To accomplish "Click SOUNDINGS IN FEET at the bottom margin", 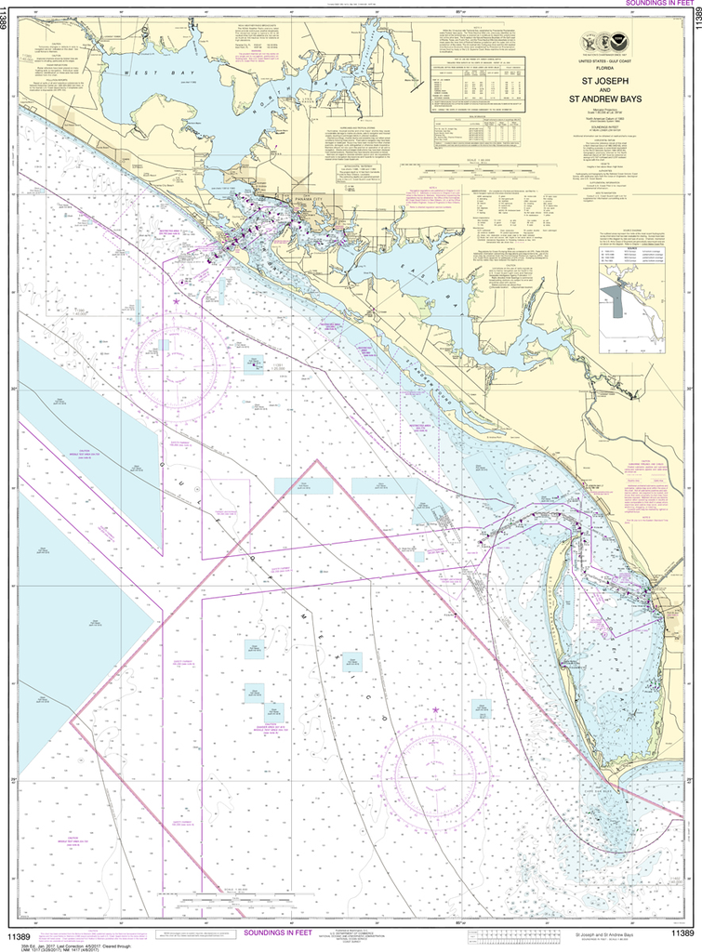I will [x=279, y=932].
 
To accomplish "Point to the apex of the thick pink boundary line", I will [x=317, y=460].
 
